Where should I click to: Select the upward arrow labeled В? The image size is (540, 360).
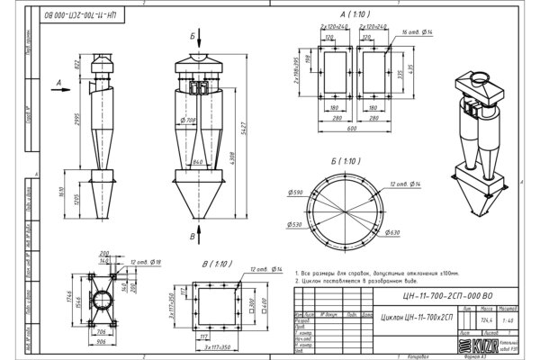(x=192, y=236)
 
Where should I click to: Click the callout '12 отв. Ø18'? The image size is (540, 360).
(x=144, y=260)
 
